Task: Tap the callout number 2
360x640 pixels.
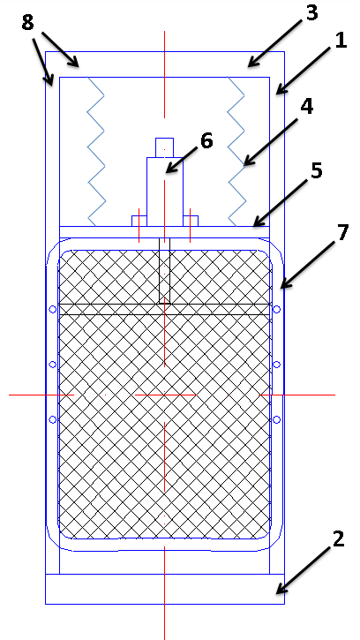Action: pos(338,539)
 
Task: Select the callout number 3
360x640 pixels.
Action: pos(311,12)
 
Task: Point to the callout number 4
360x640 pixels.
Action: pos(306,106)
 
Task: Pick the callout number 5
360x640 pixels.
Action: pos(317,171)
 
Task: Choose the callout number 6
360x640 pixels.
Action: pos(206,141)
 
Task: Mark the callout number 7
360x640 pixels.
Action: pos(342,232)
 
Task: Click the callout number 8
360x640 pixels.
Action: pos(27,23)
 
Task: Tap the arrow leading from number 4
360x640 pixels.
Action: pos(273,141)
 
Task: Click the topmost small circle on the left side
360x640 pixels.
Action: pos(53,309)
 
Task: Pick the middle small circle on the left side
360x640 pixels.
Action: pos(53,365)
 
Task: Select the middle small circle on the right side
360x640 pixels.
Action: pos(276,365)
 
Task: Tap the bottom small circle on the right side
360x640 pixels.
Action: pos(276,419)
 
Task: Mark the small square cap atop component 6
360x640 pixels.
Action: pos(164,147)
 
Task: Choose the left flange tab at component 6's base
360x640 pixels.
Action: pos(139,221)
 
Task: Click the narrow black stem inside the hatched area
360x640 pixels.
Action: pos(164,271)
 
